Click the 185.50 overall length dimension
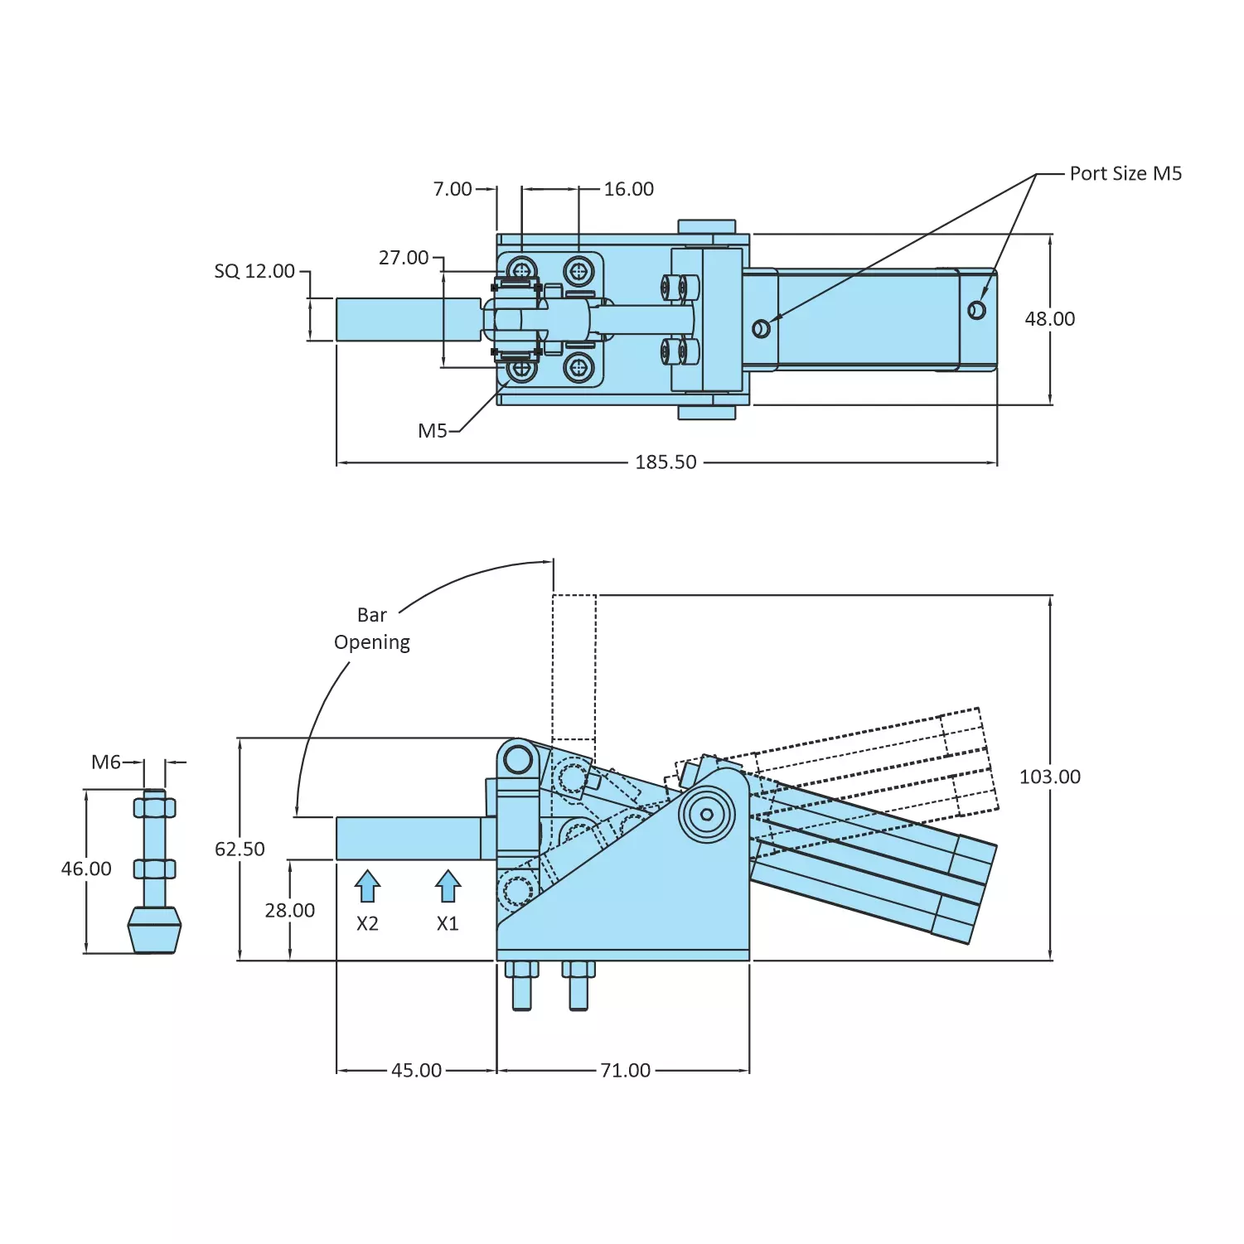click(x=666, y=462)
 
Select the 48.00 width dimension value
click(x=1049, y=319)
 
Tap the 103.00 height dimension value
click(x=1049, y=777)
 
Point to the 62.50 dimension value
click(x=240, y=850)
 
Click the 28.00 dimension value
click(x=289, y=910)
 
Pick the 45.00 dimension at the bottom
click(x=416, y=1070)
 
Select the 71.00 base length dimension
click(x=625, y=1070)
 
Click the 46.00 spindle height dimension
click(x=86, y=869)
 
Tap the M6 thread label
click(x=106, y=762)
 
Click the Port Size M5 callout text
click(x=1125, y=173)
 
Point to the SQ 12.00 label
click(x=254, y=271)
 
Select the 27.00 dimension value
click(x=404, y=258)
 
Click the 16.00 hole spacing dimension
click(x=628, y=189)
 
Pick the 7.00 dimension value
click(x=453, y=189)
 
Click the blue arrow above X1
click(x=448, y=886)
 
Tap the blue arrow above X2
click(x=367, y=886)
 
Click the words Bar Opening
click(x=372, y=628)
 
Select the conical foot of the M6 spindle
click(x=154, y=929)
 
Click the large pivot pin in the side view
click(x=707, y=814)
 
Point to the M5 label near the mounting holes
click(x=432, y=430)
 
